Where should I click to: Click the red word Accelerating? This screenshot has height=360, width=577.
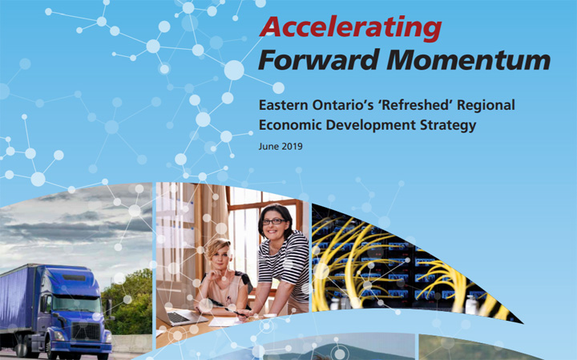(350, 28)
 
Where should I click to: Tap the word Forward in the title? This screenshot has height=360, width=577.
(319, 59)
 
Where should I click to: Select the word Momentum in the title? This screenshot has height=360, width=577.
(468, 59)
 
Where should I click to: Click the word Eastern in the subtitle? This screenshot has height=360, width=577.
(284, 105)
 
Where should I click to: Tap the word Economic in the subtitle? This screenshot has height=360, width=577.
(290, 125)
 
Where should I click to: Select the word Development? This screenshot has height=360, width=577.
(370, 126)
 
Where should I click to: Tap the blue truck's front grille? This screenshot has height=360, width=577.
(87, 332)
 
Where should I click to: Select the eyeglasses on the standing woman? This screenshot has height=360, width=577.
(274, 221)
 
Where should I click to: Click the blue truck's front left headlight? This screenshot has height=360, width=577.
(59, 337)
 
